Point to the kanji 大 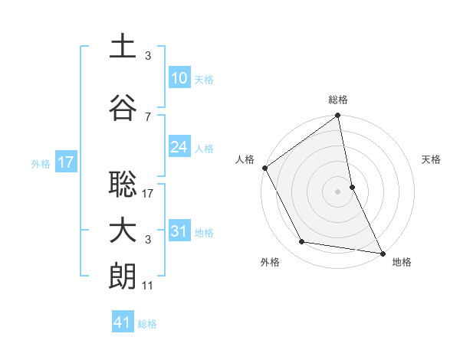(x=123, y=231)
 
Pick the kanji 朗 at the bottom (x=123, y=277)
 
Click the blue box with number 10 (x=179, y=78)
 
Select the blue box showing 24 (x=179, y=147)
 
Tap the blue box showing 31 (x=179, y=231)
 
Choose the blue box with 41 (x=123, y=322)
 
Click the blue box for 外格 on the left (x=65, y=162)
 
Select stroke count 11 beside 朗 (x=148, y=286)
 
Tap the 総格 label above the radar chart (x=338, y=100)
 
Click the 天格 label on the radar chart (x=432, y=159)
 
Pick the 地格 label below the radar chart (x=402, y=262)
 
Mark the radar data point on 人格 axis (x=264, y=168)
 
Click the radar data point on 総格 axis (x=338, y=116)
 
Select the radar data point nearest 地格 (x=382, y=252)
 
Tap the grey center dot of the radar (x=338, y=191)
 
